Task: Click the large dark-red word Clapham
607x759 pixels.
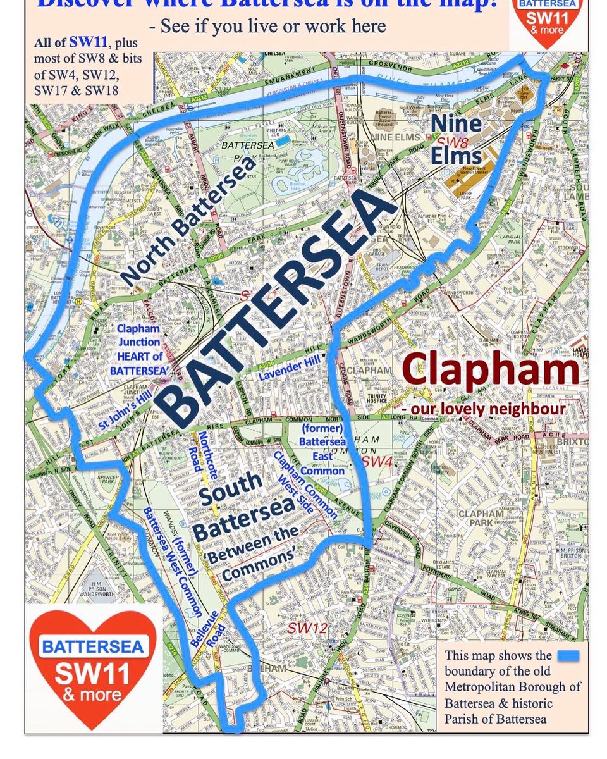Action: pos(490,370)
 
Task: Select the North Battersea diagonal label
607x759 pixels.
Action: pos(188,219)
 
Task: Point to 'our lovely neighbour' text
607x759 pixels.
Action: pos(483,409)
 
